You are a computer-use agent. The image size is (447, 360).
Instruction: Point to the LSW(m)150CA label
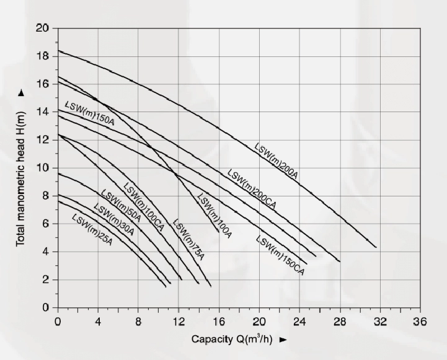click(280, 255)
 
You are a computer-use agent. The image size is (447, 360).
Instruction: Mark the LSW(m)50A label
click(122, 206)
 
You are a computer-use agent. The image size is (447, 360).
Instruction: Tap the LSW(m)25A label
click(92, 228)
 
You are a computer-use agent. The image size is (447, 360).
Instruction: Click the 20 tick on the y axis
click(42, 28)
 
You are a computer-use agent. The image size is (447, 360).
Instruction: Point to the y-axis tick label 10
click(42, 168)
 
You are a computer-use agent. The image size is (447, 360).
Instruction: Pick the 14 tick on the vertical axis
click(42, 112)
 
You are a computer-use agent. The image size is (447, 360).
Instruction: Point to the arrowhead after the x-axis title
click(284, 340)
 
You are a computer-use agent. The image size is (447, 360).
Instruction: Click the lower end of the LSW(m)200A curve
click(376, 247)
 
